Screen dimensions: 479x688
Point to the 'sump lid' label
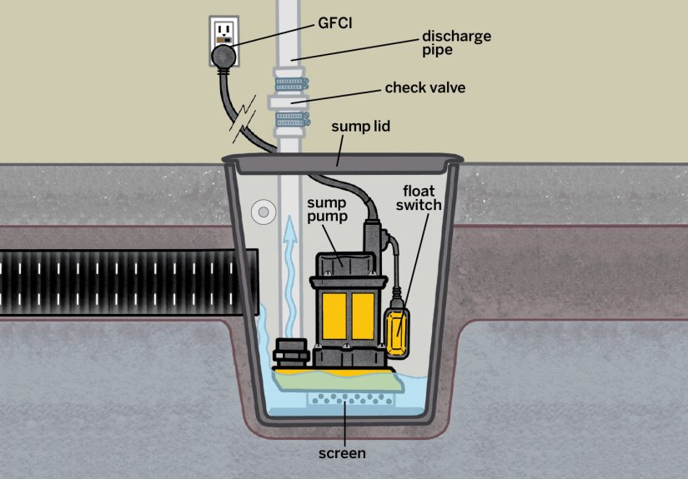[x=359, y=127]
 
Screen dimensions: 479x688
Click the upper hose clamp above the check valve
[x=289, y=84]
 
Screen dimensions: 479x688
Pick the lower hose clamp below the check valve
[x=289, y=122]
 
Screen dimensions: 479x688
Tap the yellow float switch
[x=399, y=329]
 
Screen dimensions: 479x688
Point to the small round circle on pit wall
[x=264, y=212]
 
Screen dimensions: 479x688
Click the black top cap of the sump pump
[x=342, y=262]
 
